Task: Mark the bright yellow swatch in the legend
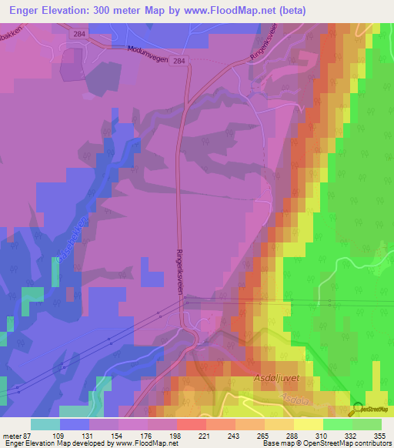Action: point(309,424)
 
